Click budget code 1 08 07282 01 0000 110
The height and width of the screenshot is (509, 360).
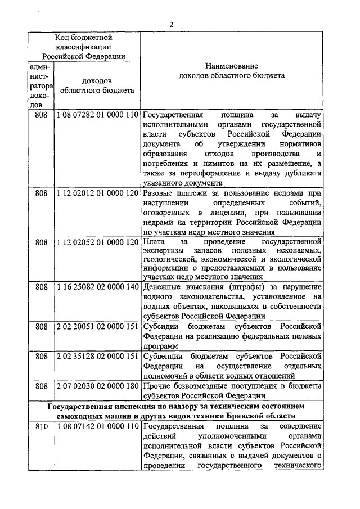point(97,115)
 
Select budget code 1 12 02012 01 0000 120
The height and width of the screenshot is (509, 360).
point(97,193)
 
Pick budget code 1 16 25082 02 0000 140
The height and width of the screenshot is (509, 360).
point(97,287)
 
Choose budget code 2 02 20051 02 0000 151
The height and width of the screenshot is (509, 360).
point(97,326)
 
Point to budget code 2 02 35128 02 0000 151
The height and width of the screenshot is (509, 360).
point(97,356)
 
